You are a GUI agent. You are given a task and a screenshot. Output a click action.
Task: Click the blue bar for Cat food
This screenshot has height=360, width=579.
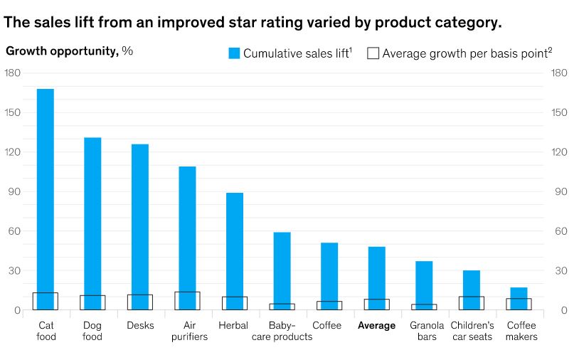(x=46, y=192)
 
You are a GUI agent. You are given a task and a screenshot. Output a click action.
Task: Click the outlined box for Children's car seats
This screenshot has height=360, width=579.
(x=472, y=303)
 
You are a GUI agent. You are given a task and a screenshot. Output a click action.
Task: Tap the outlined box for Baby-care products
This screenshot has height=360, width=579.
(x=282, y=307)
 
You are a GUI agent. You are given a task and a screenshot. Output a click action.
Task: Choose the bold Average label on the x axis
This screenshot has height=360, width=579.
(x=376, y=326)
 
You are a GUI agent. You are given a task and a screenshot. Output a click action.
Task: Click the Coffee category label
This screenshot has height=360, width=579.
(x=326, y=326)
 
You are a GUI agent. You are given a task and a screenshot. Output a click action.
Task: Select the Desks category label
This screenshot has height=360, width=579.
(x=140, y=326)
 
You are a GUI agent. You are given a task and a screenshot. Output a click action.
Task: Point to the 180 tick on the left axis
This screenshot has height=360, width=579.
(x=12, y=73)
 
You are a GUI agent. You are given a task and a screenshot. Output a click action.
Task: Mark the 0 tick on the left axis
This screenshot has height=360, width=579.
(x=17, y=311)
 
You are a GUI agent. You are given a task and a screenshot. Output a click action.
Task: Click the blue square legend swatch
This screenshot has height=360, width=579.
(x=234, y=53)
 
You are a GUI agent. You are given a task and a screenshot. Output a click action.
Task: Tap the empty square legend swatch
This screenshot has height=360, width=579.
(x=373, y=53)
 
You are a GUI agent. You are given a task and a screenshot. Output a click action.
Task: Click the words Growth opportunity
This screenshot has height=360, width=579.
(x=62, y=51)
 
